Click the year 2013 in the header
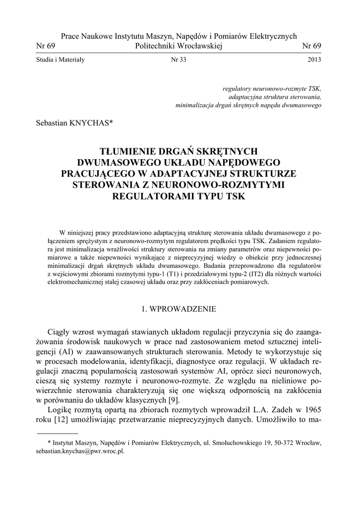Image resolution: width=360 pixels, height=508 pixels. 314,60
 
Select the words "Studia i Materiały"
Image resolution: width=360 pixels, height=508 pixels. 60,60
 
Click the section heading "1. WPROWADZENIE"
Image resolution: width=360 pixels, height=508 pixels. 179,309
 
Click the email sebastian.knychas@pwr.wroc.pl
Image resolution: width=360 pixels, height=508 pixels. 80,452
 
